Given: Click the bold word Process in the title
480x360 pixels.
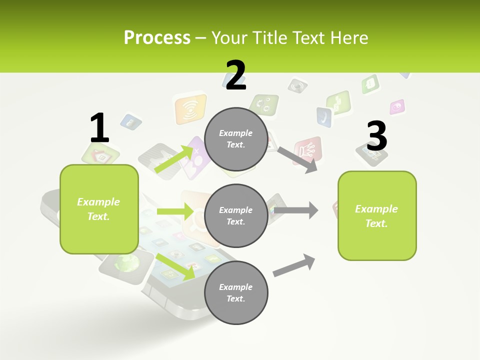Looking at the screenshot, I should [x=157, y=38].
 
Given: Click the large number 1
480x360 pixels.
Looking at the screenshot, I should [x=99, y=128].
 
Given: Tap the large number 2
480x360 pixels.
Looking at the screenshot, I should [x=235, y=76].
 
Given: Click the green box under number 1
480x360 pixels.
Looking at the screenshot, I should [x=99, y=209].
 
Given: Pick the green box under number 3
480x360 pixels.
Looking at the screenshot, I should [x=377, y=216].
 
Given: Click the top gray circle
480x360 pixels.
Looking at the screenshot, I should [x=236, y=139].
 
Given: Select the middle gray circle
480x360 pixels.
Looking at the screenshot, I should [x=236, y=216].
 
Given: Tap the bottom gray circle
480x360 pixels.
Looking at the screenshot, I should [x=236, y=292].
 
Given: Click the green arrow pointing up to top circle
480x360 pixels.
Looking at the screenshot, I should [x=174, y=159].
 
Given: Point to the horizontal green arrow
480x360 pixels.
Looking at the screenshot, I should [x=175, y=211].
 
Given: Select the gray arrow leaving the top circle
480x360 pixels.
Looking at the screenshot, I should [x=297, y=159].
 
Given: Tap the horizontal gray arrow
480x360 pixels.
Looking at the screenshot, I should [x=295, y=210].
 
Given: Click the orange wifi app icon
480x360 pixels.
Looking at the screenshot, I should [x=190, y=109].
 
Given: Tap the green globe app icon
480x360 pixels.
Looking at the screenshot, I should [x=124, y=263].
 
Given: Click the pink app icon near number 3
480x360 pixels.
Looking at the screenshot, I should [x=397, y=106].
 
